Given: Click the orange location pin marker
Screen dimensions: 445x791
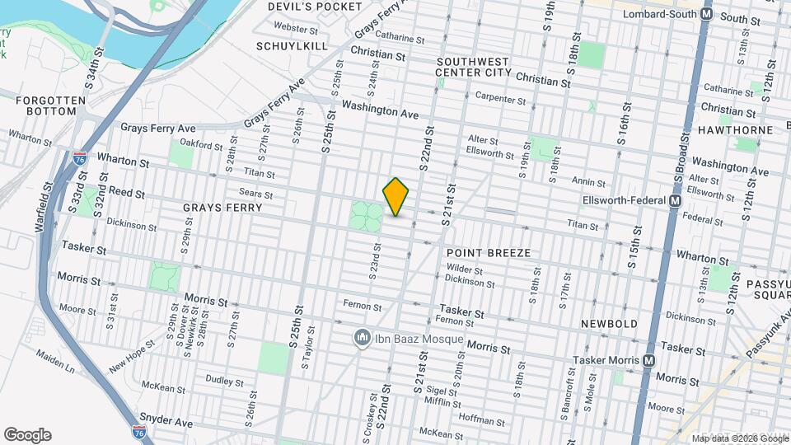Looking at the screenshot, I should click(396, 196).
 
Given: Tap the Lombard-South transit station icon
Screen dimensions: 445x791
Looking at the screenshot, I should click(707, 15).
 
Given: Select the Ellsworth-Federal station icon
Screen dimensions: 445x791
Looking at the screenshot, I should click(676, 201).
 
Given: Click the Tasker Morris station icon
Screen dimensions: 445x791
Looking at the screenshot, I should click(649, 360).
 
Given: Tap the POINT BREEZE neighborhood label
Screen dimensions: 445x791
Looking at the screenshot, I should click(489, 252).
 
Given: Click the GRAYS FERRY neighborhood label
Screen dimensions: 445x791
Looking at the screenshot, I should click(222, 208).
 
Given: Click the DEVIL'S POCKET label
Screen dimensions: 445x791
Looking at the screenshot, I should click(315, 7).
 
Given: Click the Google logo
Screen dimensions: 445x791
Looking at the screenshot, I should click(27, 435).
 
